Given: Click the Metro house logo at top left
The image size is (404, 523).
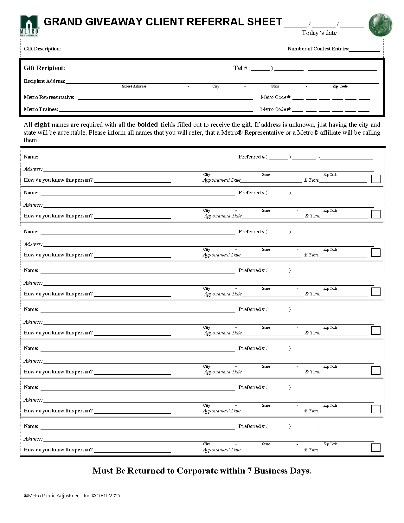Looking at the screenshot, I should pos(29,25).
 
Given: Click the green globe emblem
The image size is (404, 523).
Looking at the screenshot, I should pos(380,25).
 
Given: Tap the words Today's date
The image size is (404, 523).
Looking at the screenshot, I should pos(319,33).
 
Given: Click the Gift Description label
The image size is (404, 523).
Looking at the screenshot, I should pos(42,49).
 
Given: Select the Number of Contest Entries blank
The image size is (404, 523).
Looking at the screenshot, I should pos(364,49).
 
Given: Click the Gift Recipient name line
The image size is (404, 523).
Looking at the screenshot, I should pos(144,69).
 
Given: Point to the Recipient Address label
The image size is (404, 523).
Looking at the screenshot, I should pos(44,81).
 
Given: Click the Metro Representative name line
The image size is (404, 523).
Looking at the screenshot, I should pos(165,98).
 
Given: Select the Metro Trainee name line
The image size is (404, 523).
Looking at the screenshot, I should pos(156,110).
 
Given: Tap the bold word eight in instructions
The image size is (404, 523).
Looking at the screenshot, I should pos(42,125).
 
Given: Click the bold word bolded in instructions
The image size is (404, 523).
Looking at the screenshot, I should pos(147,125).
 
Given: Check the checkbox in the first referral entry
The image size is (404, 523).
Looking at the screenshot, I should pos(375,179).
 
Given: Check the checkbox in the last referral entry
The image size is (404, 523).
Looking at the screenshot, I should pos(375,448).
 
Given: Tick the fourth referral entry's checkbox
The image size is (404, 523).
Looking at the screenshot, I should pos(375,292).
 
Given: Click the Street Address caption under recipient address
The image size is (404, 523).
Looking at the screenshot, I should pos(134,86).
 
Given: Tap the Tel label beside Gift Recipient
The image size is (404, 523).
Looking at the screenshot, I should pos(238,68).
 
